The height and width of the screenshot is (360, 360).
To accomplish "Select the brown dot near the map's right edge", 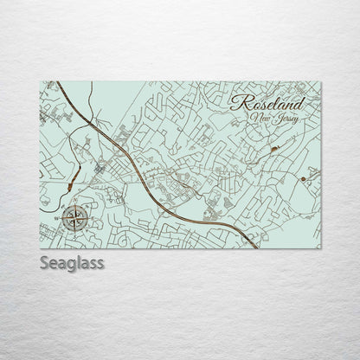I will (304, 179).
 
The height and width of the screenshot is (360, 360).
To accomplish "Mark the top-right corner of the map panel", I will (322, 81).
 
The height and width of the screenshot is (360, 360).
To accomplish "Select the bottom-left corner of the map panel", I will (40, 249).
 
